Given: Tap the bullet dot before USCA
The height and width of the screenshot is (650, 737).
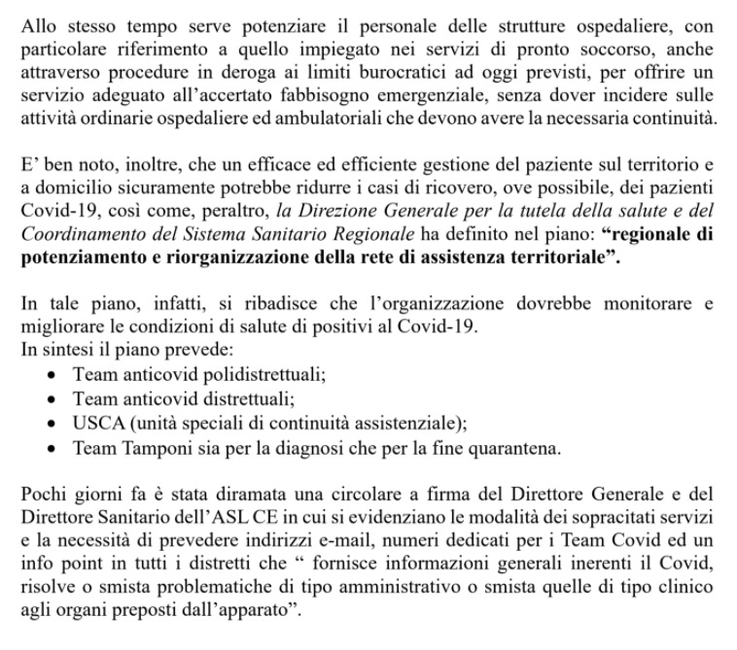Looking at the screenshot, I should [x=53, y=426].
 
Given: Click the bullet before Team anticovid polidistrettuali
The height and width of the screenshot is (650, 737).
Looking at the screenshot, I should [x=53, y=375].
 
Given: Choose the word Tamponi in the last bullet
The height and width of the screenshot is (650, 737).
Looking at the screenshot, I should [x=154, y=449].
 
